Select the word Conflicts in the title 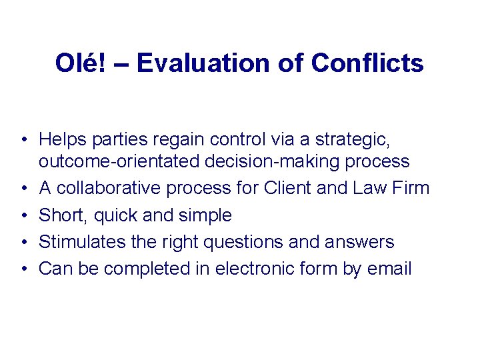[367, 63]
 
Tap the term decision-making [270, 162]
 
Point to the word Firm [411, 189]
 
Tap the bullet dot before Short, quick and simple [23, 215]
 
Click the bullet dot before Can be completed [23, 269]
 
